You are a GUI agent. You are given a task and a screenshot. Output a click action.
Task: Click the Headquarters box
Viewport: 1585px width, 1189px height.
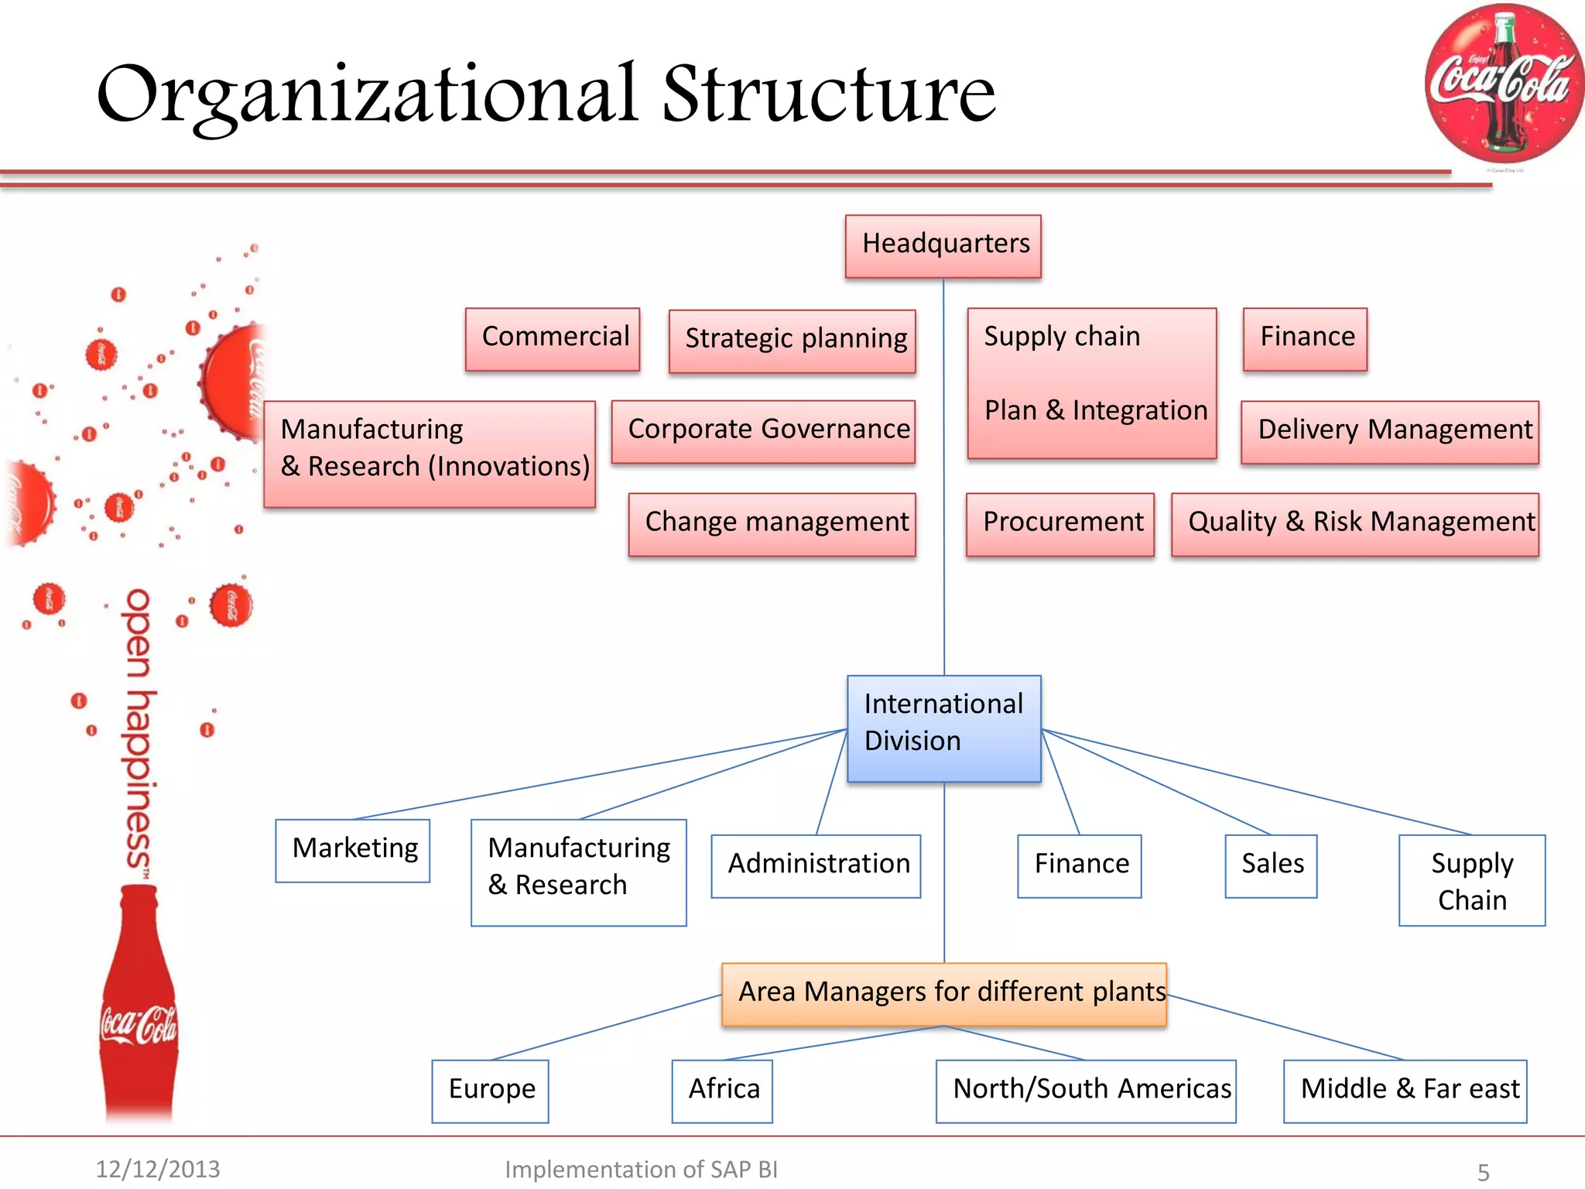pyautogui.click(x=943, y=246)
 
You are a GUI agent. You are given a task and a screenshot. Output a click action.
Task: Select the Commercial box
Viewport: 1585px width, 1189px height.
pyautogui.click(x=553, y=339)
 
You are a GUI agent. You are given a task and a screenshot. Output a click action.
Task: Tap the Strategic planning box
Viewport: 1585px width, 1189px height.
pyautogui.click(x=792, y=341)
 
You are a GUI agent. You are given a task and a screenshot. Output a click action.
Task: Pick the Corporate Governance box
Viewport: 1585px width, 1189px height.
pyautogui.click(x=763, y=431)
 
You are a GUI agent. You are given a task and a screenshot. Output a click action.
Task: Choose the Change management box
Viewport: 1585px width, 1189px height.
pyautogui.click(x=772, y=524)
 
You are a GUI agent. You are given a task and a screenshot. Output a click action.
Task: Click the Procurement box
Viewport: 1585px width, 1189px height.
pyautogui.click(x=1060, y=524)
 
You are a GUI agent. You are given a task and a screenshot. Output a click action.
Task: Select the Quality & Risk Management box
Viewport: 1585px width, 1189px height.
pyautogui.click(x=1354, y=524)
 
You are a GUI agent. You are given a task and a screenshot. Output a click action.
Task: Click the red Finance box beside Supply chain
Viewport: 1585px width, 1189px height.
pyautogui.click(x=1305, y=339)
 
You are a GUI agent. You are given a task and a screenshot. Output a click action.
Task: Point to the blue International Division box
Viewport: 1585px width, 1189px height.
pyautogui.click(x=943, y=728)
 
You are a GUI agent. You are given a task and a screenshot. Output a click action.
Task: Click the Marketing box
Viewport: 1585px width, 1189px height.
pyautogui.click(x=353, y=850)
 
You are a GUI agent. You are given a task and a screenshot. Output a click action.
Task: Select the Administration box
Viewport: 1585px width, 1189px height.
pyautogui.click(x=816, y=865)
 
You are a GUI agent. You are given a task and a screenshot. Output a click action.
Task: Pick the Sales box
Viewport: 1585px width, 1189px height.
pyautogui.click(x=1271, y=865)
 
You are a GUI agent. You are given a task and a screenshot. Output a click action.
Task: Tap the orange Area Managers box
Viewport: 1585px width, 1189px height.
pyautogui.click(x=943, y=994)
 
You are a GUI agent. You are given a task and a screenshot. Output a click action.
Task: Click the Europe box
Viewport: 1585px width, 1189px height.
pyautogui.click(x=490, y=1091)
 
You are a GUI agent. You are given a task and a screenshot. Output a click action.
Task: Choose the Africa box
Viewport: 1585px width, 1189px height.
pyautogui.click(x=722, y=1091)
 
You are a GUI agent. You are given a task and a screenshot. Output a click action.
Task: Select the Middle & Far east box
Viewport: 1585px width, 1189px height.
pyautogui.click(x=1405, y=1091)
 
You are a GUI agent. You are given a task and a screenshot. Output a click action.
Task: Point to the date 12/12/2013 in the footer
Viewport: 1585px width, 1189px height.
pyautogui.click(x=158, y=1169)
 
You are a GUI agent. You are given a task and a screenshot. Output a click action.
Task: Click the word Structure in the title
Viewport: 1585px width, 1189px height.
pyautogui.click(x=828, y=94)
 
